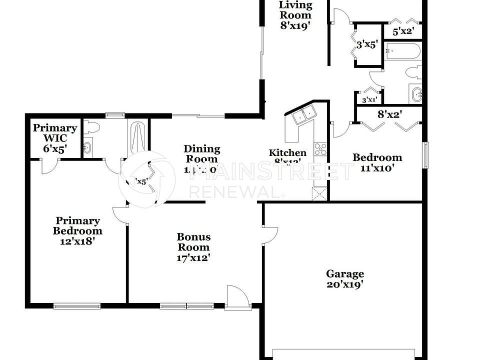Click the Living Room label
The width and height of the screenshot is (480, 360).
(x=295, y=15)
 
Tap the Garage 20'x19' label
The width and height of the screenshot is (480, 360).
(x=345, y=279)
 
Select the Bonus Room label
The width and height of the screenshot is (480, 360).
(x=193, y=247)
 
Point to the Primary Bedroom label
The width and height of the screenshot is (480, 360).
(x=77, y=230)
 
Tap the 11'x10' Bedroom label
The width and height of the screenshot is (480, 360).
(x=377, y=162)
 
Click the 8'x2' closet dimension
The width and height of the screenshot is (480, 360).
(x=390, y=114)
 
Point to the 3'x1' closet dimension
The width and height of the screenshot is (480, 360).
(x=369, y=99)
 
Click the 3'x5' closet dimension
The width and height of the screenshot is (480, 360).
(x=367, y=44)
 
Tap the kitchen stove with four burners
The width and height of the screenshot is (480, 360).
(x=320, y=149)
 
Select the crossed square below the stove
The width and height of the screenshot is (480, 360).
(x=319, y=193)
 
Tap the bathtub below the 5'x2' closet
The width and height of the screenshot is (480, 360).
(x=402, y=52)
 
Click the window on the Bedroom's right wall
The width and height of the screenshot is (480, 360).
(x=425, y=155)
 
